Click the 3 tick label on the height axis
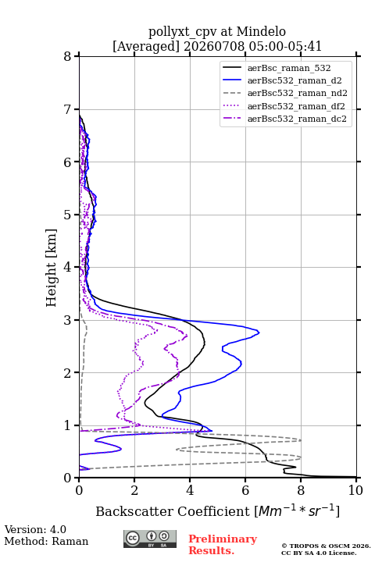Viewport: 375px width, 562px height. [67, 320]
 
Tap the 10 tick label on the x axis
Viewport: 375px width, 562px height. [355, 490]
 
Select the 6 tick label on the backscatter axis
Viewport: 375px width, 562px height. [245, 490]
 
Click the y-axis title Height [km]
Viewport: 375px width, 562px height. [52, 268]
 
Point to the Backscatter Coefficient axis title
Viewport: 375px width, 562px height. [217, 510]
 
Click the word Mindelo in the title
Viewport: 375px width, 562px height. [261, 31]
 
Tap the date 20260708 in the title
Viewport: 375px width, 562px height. [214, 46]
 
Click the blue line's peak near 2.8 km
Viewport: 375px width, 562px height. [259, 333]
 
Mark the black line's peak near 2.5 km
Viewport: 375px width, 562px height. [204, 343]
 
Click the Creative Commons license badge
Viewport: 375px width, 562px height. [150, 539]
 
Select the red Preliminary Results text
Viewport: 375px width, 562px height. [223, 545]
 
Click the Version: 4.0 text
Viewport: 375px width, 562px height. [35, 529]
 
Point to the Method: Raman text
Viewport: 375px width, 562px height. [46, 541]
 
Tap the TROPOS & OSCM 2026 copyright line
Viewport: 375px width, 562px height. [326, 546]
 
